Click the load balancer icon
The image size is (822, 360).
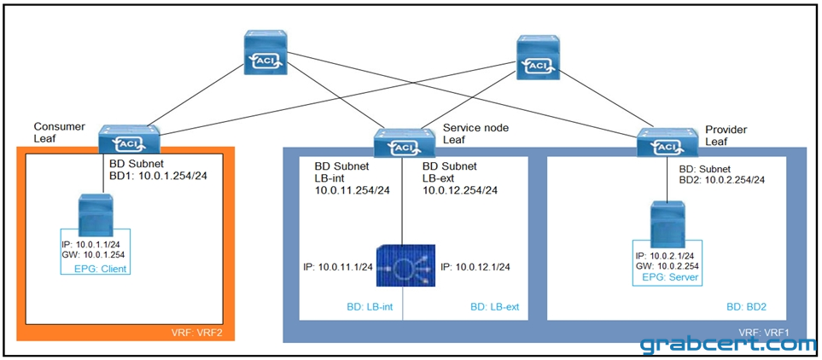pos(405,265)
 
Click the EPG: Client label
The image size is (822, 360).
pos(102,270)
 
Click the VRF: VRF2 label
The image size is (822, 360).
pos(201,332)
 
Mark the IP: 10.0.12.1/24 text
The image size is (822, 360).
pos(476,267)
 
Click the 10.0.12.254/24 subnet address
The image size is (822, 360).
pos(460,189)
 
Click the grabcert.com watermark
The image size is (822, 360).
pos(728,345)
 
